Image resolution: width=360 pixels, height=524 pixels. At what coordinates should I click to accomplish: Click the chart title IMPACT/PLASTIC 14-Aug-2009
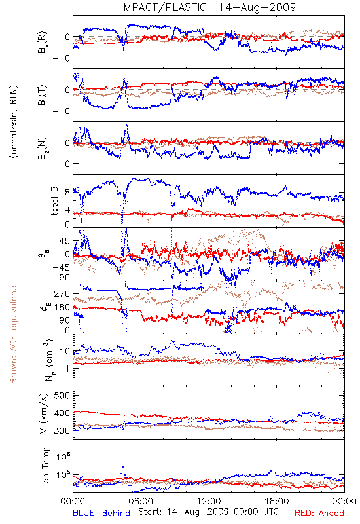point(208,7)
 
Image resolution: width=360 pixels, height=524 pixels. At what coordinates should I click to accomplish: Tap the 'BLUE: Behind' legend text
point(101,513)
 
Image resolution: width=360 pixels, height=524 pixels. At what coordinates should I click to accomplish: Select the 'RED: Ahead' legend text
point(319,513)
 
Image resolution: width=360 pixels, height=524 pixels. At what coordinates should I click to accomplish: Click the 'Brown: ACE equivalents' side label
point(13,333)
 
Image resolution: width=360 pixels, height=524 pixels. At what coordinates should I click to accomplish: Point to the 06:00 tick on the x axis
point(140,501)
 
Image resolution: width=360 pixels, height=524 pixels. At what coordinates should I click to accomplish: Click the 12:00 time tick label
point(209,501)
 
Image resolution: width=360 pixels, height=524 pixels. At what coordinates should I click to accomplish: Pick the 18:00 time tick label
point(277,501)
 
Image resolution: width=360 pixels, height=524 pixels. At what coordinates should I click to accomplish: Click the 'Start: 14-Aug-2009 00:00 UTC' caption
point(208,512)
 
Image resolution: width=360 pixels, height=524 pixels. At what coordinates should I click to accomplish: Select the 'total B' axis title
point(54,201)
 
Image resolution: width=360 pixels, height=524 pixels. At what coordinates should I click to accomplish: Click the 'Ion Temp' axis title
point(45,466)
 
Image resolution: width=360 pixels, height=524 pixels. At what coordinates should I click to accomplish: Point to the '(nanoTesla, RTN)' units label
point(14,121)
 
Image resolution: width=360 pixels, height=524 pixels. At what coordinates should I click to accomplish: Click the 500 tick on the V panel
point(62,396)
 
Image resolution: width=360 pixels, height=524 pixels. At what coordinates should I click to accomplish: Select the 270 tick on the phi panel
point(62,293)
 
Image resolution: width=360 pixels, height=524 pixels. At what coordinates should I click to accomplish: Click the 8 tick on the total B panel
point(67,192)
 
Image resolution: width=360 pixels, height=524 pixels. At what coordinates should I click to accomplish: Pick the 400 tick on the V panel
point(62,413)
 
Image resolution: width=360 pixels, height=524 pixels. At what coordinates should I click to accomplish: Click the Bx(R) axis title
point(43,43)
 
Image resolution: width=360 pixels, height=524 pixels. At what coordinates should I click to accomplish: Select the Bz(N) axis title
point(43,148)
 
